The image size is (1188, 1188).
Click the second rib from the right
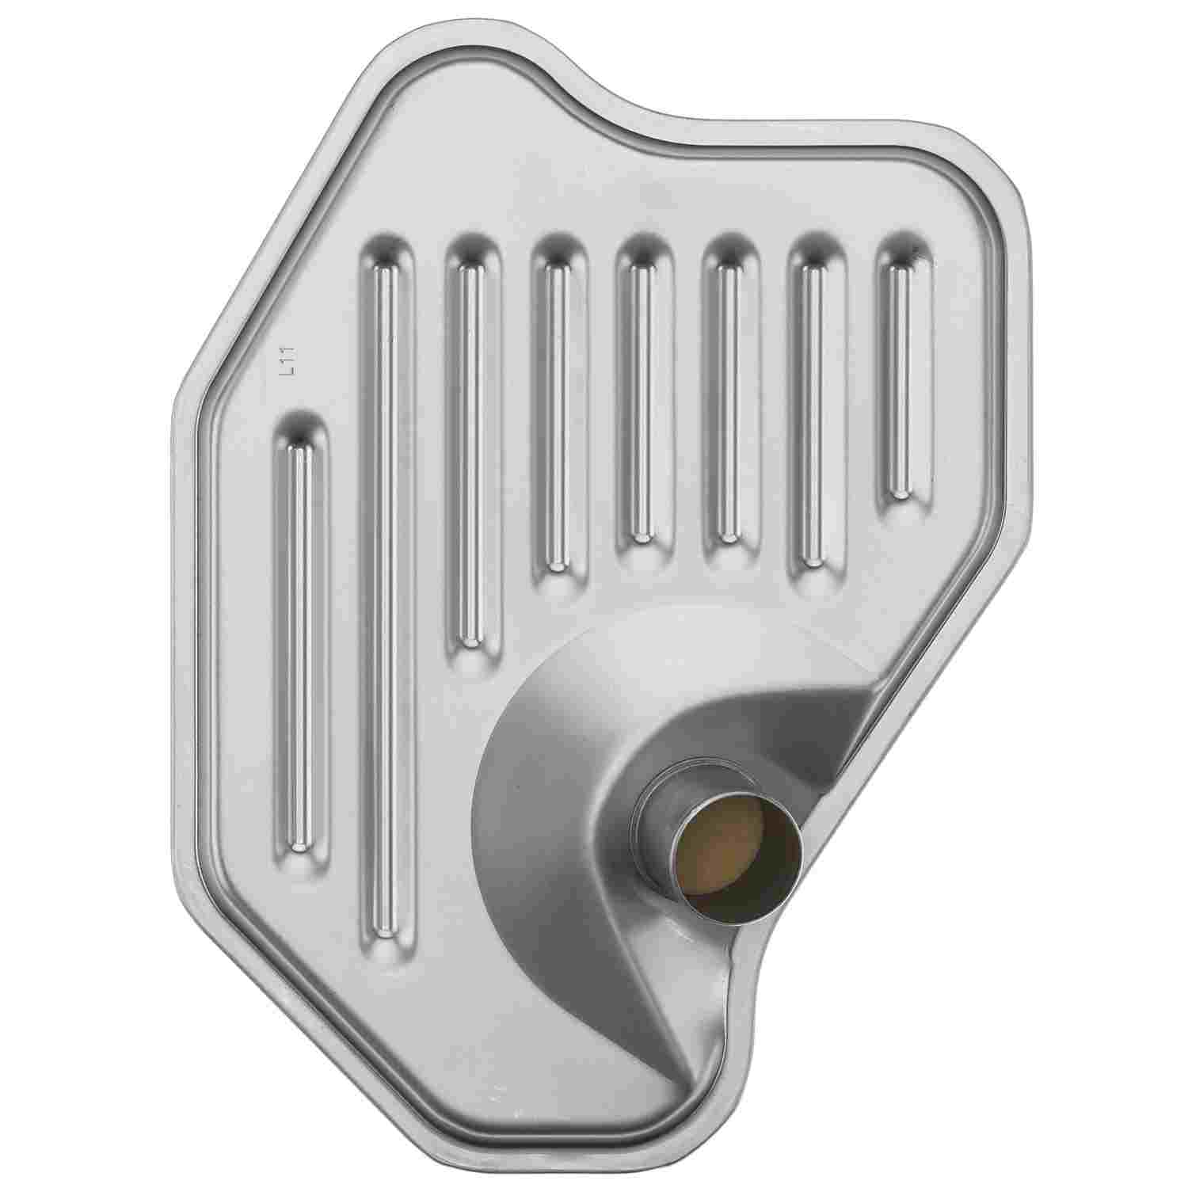pos(815,404)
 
